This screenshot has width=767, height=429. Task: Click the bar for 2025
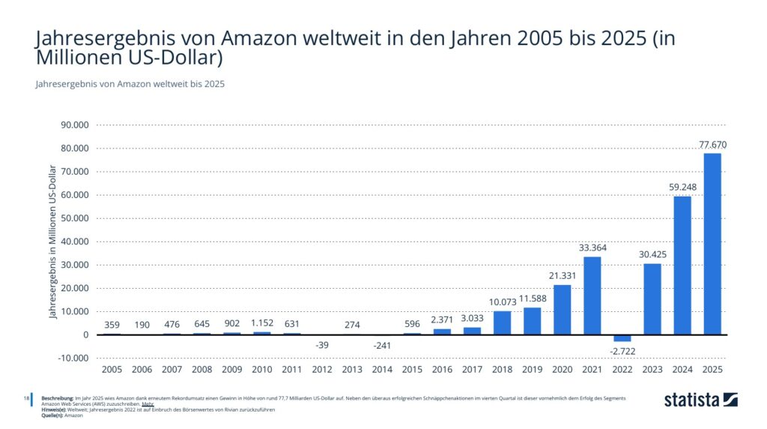712,244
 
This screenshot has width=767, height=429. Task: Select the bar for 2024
682,265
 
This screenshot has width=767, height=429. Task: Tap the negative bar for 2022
622,338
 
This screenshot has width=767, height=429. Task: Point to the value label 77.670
712,145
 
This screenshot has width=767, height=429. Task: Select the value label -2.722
622,350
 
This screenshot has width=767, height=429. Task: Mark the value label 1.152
262,324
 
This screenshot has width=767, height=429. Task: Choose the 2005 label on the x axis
112,369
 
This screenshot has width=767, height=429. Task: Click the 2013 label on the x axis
352,369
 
